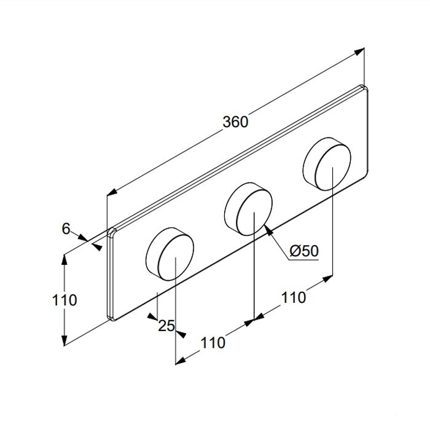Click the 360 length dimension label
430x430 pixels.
pos(235,122)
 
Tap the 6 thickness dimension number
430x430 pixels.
pos(66,229)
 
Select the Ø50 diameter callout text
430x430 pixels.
pos(304,251)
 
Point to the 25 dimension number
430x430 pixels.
pos(166,326)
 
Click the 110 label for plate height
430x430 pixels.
pos(64,300)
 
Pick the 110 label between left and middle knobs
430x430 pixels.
pos(213,343)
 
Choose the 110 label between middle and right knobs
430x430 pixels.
pos(293,297)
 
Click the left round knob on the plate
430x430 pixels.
pos(170,254)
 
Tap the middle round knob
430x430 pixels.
pos(249,209)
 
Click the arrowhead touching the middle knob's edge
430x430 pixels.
pos(269,230)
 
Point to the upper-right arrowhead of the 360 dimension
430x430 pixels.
pos(359,52)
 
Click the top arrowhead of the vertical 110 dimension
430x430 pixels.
pos(64,260)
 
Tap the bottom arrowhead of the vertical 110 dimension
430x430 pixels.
pos(64,340)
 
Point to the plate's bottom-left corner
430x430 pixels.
pos(110,318)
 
